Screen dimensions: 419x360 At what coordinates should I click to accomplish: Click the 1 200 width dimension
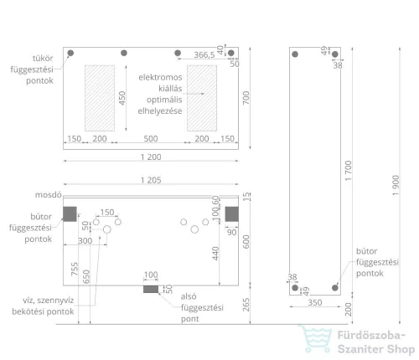tap(151, 157)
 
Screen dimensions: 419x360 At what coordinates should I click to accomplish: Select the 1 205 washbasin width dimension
tap(151, 180)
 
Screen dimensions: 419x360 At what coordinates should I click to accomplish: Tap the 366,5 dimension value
tap(204, 54)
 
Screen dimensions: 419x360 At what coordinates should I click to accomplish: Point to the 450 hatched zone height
tap(122, 98)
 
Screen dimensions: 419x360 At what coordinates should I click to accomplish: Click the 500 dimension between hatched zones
tap(151, 139)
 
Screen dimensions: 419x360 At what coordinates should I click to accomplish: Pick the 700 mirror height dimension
tap(246, 98)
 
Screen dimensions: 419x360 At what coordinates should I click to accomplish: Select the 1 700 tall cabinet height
tap(348, 171)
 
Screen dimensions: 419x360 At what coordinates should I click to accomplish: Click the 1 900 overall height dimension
tap(396, 186)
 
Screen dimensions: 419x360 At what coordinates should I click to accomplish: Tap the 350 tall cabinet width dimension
tap(315, 302)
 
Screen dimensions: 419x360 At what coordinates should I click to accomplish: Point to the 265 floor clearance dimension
tap(246, 305)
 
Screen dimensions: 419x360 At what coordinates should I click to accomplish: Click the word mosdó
tap(49, 195)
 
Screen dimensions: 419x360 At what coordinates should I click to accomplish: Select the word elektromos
tap(160, 77)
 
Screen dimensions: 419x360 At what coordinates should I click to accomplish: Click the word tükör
tap(43, 59)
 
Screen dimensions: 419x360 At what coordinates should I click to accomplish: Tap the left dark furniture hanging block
tap(70, 214)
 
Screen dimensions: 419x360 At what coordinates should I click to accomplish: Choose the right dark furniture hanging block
tap(232, 214)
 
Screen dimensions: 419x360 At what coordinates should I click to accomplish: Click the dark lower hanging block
tap(151, 289)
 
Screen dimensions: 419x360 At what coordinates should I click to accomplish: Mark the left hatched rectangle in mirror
tap(100, 98)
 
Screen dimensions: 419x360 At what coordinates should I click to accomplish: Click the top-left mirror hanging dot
tap(70, 53)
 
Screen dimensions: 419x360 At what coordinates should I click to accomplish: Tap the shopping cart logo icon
tap(316, 338)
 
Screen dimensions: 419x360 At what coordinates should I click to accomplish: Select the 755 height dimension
tap(75, 269)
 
